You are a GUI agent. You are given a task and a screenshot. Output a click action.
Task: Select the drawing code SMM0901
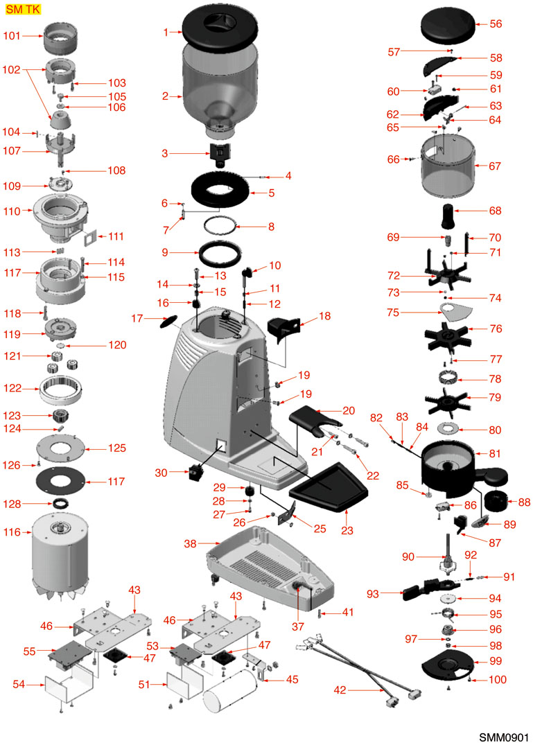point(503,733)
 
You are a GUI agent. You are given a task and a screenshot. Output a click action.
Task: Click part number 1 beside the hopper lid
point(166,32)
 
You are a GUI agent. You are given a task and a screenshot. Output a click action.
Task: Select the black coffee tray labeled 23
point(329,490)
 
